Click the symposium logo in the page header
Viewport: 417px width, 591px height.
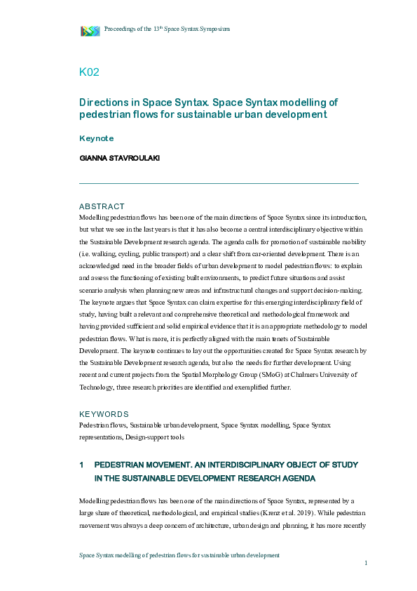click(90, 30)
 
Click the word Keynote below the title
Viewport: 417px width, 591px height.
click(97, 138)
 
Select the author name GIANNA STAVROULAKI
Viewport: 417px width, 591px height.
click(120, 158)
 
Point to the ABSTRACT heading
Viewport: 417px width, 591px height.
click(102, 206)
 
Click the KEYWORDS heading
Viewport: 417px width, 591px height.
click(104, 414)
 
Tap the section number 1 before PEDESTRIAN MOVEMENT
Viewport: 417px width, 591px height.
click(82, 465)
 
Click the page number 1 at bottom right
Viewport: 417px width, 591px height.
click(366, 563)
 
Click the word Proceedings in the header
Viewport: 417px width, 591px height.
click(121, 29)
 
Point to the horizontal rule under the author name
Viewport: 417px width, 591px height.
click(219, 183)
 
